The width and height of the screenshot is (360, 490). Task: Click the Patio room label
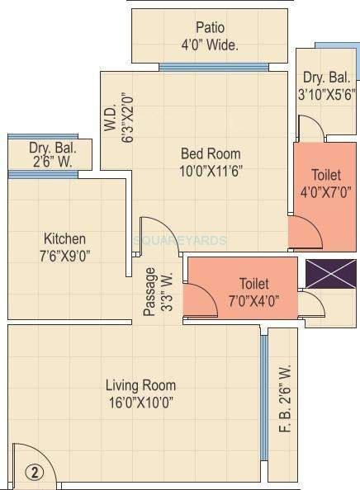(x=211, y=27)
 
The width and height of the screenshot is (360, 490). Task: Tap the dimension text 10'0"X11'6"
(x=211, y=171)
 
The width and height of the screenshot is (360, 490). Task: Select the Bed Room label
(x=211, y=153)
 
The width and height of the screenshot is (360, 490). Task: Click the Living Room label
(x=140, y=385)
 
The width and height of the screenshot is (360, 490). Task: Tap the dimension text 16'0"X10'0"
(x=140, y=403)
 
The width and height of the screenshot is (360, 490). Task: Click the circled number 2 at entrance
(x=34, y=472)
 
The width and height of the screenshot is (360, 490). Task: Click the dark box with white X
(x=325, y=273)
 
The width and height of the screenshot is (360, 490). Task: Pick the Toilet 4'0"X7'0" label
(x=324, y=183)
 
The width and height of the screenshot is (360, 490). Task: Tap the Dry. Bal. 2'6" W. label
(x=51, y=155)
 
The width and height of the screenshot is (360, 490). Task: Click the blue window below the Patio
(x=214, y=67)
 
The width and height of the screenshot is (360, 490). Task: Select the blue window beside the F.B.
(x=263, y=396)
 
